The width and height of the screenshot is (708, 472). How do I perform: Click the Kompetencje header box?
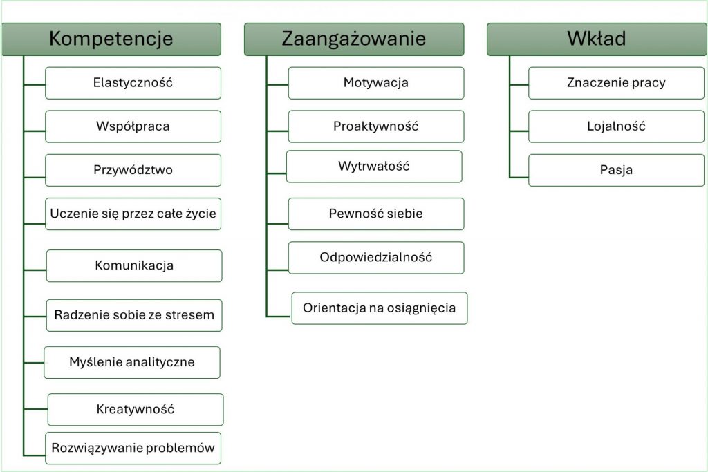(111, 39)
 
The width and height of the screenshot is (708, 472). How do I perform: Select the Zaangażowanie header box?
(354, 39)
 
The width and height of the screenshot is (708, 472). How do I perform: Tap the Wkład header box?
(597, 39)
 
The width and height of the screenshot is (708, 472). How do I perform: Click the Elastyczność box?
(133, 83)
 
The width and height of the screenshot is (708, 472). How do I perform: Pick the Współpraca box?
(133, 126)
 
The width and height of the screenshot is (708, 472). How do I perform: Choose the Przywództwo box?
(133, 170)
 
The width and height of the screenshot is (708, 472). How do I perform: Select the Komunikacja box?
(134, 266)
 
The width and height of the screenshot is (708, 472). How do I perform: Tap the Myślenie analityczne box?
(132, 362)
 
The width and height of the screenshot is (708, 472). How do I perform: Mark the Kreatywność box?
(136, 409)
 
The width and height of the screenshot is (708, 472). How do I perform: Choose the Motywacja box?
(376, 83)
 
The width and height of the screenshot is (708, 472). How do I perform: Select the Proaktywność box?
(376, 126)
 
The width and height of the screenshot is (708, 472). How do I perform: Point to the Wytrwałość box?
(374, 167)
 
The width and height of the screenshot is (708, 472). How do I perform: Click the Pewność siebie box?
(376, 214)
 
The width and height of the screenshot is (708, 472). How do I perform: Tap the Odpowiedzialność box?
(376, 258)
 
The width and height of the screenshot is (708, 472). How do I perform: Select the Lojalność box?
(616, 126)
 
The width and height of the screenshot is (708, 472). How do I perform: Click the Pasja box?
(616, 170)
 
